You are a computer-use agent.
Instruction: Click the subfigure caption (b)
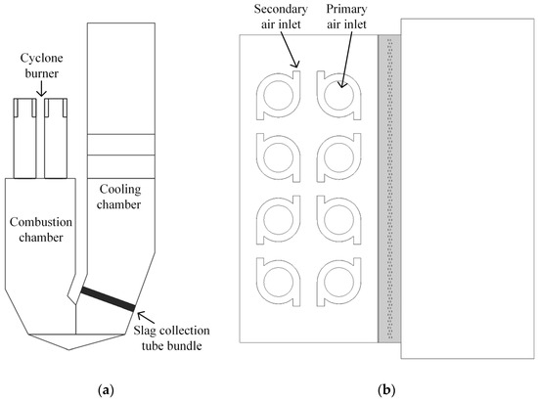[x=388, y=389]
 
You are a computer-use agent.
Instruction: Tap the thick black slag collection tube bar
[x=109, y=297]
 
